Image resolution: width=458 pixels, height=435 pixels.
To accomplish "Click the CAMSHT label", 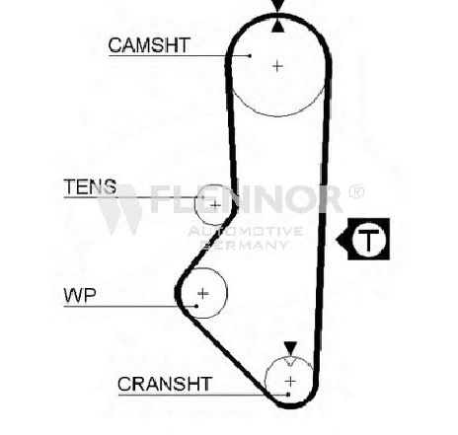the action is point(149,45).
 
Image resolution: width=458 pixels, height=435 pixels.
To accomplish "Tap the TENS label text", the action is point(90,186).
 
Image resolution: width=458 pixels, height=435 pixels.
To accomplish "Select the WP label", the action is point(80,295).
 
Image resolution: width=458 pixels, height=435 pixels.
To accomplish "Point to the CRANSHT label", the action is point(165,384).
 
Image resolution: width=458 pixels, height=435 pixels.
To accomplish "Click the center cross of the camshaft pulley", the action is point(278,66).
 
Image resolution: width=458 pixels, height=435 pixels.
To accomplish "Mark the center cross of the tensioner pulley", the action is point(215,205).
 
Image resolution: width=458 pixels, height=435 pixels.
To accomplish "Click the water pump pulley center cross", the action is point(203,293).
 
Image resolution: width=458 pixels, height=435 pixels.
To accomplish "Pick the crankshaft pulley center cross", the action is point(290,382).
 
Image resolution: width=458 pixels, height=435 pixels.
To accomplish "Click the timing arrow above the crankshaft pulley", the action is point(290,348).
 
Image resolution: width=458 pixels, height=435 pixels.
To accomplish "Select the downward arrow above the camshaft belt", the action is point(278,6).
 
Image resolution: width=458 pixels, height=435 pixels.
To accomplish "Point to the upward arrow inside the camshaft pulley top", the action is point(278,26).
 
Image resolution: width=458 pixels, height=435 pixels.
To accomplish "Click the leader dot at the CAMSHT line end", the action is point(250,56).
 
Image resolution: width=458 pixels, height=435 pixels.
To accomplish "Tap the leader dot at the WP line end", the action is point(196,306).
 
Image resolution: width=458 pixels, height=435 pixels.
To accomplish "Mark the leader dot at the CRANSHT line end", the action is point(288,395).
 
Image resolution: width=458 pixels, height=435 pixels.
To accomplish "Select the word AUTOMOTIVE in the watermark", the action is point(246,231).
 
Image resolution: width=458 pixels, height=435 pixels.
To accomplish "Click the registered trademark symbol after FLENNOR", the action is point(356,191).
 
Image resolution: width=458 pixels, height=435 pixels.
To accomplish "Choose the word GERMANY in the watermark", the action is point(244,245).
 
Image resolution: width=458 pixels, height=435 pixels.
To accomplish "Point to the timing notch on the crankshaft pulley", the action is point(290,363).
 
